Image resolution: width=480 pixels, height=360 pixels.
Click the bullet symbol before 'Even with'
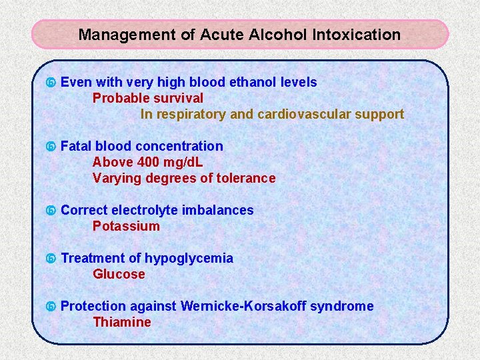(x=50, y=83)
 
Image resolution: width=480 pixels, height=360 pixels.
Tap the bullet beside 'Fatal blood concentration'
(x=50, y=147)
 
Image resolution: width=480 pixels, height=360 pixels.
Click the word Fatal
(x=76, y=146)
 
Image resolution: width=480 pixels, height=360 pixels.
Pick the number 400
(x=147, y=162)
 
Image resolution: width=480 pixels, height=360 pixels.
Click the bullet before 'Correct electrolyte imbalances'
(x=50, y=211)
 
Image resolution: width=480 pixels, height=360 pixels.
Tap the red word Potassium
(x=126, y=226)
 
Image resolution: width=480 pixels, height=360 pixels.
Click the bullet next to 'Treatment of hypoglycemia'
(x=50, y=259)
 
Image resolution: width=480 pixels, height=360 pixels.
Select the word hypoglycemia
(x=189, y=258)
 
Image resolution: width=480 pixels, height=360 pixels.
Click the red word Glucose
(x=119, y=274)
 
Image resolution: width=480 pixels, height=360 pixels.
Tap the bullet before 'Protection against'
(x=50, y=307)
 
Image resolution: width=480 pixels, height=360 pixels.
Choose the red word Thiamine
(x=122, y=322)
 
